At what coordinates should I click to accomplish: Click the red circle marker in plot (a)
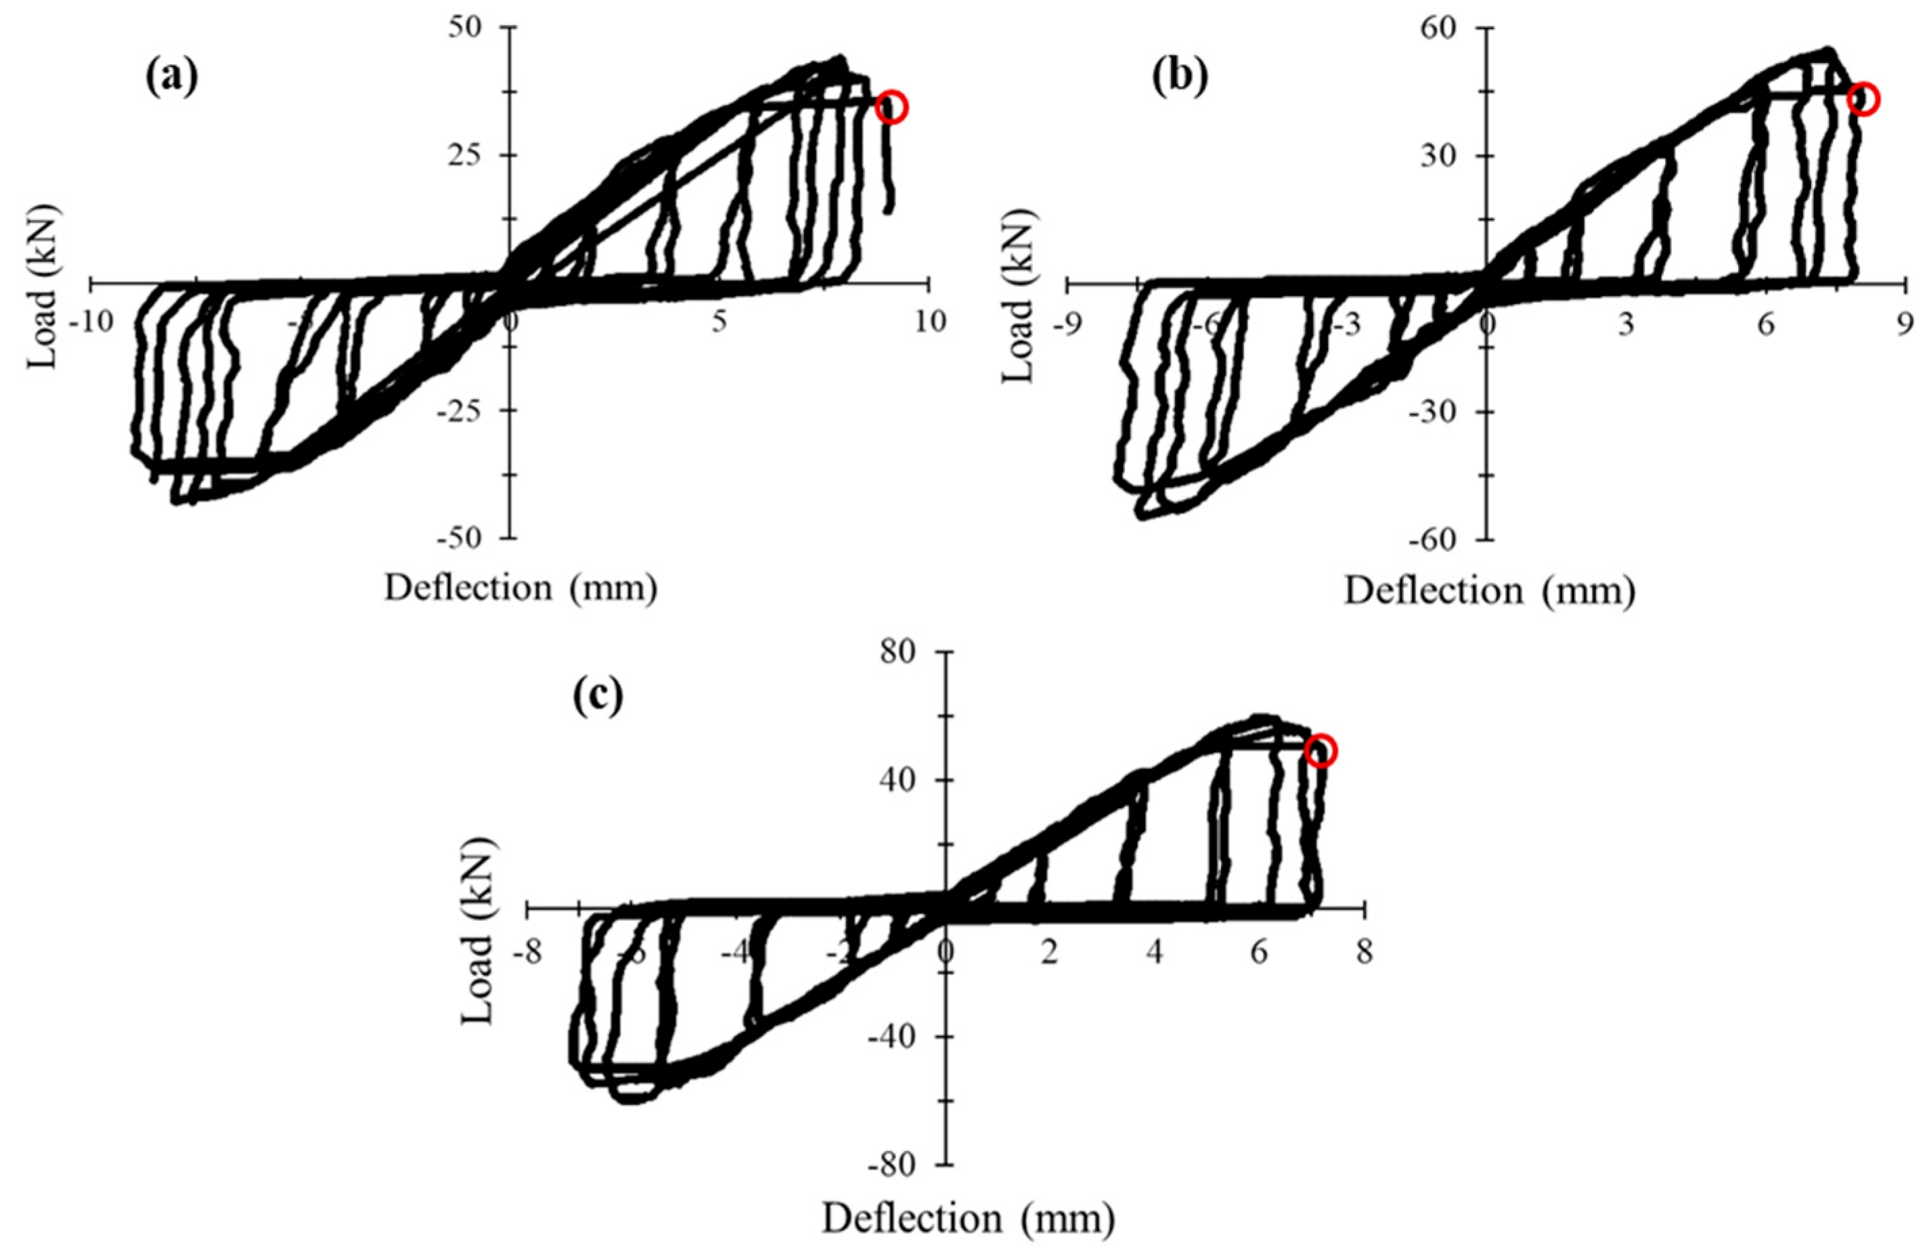(x=891, y=107)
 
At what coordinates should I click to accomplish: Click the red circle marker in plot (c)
(x=1321, y=751)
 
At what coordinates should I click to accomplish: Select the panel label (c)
(x=598, y=695)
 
